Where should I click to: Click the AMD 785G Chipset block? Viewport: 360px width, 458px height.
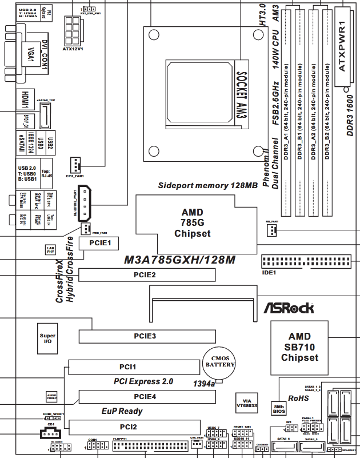pyautogui.click(x=192, y=223)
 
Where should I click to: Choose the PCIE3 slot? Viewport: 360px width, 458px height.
pyautogui.click(x=144, y=336)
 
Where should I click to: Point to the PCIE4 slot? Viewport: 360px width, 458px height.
pyautogui.click(x=144, y=396)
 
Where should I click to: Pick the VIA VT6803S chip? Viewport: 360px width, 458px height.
pyautogui.click(x=247, y=403)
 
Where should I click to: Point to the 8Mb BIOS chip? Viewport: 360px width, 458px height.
pyautogui.click(x=279, y=407)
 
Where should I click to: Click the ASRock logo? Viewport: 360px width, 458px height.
pyautogui.click(x=288, y=308)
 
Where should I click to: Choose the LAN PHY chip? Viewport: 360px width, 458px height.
pyautogui.click(x=50, y=249)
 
